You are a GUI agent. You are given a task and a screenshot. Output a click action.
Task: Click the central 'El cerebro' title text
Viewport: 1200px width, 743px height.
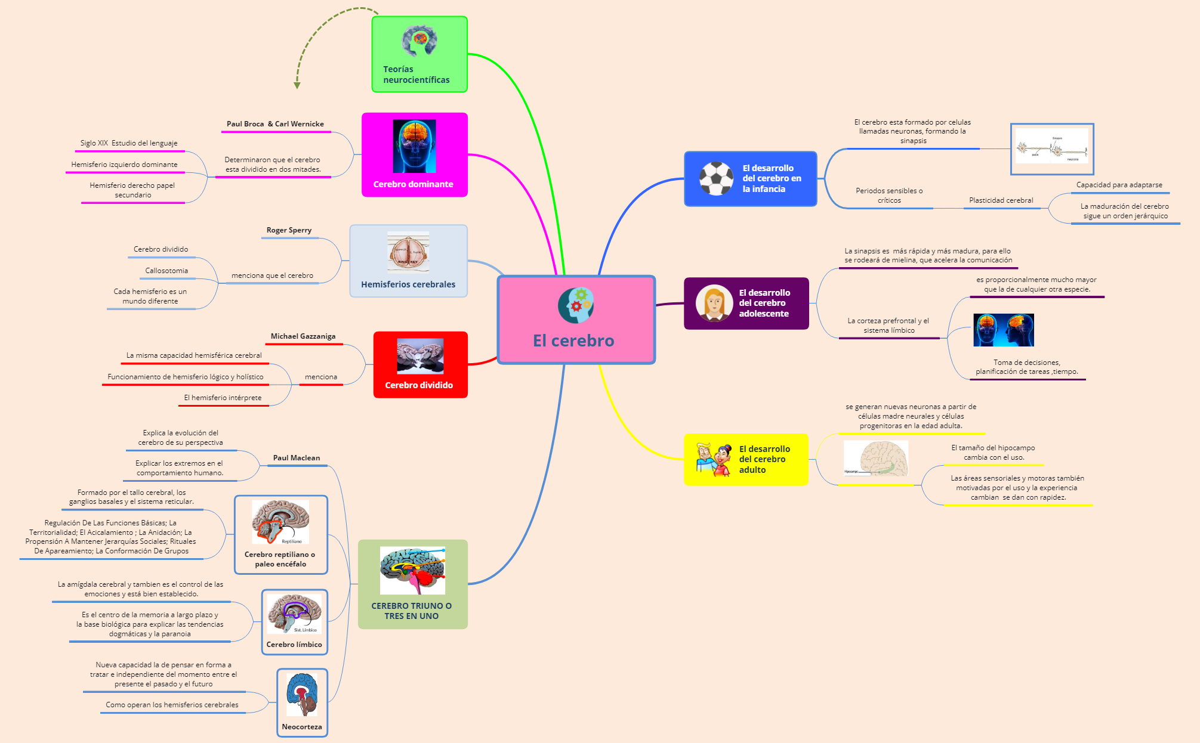coord(573,340)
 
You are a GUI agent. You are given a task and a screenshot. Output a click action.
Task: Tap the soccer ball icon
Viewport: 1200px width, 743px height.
coord(715,178)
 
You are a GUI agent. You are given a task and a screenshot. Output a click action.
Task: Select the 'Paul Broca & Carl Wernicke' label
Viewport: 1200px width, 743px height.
coord(275,124)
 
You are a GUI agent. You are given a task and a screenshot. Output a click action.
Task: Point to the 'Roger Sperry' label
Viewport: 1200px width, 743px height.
coord(289,230)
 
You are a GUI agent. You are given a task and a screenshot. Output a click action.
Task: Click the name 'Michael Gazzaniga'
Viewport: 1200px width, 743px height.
coord(303,336)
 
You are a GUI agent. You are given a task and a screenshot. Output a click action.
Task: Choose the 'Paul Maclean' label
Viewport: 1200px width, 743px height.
coord(297,458)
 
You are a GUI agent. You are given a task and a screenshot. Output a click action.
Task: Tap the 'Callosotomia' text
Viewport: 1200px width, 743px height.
coord(166,271)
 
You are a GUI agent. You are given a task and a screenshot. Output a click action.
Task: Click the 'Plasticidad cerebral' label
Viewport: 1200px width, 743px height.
coord(1001,200)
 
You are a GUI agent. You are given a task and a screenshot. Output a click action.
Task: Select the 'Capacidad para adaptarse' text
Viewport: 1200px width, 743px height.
coord(1119,185)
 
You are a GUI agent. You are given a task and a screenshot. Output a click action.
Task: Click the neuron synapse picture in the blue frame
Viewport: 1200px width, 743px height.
coord(1051,148)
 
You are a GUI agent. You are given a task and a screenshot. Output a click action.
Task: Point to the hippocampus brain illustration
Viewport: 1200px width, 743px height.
coord(876,459)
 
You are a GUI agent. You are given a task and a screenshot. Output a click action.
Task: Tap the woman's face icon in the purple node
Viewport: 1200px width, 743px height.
coord(714,303)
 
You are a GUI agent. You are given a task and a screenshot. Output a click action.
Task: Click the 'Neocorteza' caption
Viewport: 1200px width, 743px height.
coord(302,727)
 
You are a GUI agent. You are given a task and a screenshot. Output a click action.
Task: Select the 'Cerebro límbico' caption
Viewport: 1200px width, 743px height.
coord(294,645)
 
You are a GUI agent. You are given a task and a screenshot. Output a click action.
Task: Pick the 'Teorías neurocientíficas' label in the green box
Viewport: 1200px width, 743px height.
coord(416,75)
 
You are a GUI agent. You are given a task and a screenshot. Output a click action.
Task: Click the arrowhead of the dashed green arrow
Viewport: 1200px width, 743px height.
coord(297,86)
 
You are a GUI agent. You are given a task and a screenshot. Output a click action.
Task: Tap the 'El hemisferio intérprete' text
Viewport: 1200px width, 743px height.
coord(223,398)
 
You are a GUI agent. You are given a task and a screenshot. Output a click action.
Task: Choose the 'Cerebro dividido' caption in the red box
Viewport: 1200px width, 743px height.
coord(419,385)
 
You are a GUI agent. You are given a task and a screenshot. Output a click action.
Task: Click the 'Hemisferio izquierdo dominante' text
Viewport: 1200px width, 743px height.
coord(124,165)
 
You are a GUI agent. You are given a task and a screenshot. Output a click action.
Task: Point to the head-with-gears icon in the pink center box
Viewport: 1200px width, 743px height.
coord(575,305)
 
